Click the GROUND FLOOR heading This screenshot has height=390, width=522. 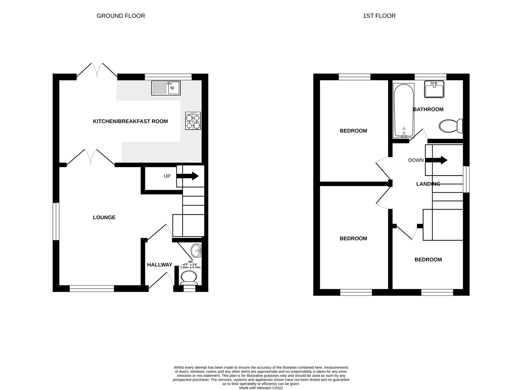[x=120, y=16]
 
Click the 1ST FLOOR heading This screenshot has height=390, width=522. [x=379, y=16]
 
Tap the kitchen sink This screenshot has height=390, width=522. [x=166, y=88]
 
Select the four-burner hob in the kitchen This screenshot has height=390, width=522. [x=193, y=121]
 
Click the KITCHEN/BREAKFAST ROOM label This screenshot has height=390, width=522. [x=130, y=121]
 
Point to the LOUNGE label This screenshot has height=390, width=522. [x=104, y=217]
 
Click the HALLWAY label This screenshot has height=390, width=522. [x=160, y=265]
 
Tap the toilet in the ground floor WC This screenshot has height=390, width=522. [x=189, y=278]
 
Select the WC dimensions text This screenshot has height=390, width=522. [x=190, y=264]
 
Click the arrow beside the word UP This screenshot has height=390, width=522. [x=188, y=176]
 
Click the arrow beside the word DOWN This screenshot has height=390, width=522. [x=436, y=160]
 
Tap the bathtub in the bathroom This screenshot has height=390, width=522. [x=403, y=111]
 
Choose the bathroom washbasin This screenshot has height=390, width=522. [x=434, y=89]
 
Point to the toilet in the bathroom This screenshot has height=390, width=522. [x=451, y=126]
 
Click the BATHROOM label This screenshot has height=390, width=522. [x=428, y=109]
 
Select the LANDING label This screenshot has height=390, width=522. [x=428, y=184]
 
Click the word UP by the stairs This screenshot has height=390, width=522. [x=167, y=176]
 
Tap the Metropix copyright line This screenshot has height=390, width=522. [x=261, y=388]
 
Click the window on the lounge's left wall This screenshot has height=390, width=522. [x=56, y=221]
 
